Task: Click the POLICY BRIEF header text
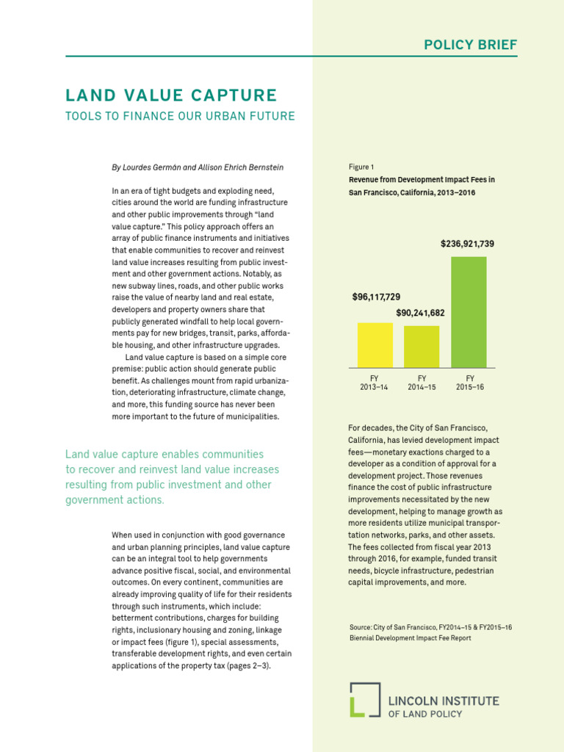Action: [471, 45]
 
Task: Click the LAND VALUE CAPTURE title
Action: [171, 95]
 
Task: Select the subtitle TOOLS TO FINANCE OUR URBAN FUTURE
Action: [180, 116]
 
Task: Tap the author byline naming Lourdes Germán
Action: [198, 167]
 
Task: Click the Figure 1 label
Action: [361, 167]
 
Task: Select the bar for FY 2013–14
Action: [375, 344]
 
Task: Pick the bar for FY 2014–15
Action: [422, 346]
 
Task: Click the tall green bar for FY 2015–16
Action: [469, 311]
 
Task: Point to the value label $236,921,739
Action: [467, 243]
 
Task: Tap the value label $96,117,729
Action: [376, 297]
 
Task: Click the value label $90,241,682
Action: [420, 313]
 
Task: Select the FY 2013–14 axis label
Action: [375, 383]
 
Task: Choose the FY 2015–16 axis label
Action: [469, 383]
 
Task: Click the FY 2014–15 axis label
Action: [422, 383]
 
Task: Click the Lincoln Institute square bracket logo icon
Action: [364, 699]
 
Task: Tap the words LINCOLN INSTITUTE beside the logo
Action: [443, 701]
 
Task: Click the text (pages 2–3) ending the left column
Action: [247, 666]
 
